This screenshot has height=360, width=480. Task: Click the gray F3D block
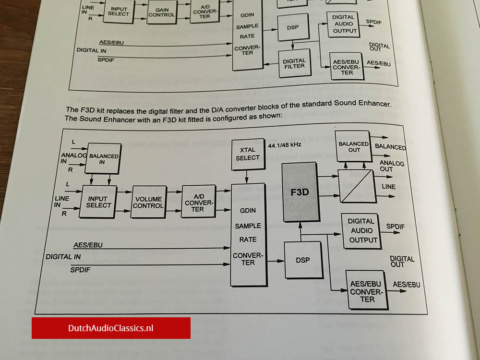click(300, 192)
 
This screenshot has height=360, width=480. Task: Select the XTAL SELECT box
click(248, 154)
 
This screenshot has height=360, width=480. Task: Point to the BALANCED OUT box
click(353, 146)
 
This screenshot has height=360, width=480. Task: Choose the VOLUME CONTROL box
click(148, 202)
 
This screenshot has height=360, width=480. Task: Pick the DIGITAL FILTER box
click(294, 63)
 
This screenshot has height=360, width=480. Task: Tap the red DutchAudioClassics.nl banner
click(111, 328)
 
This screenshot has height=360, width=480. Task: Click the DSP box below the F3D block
click(302, 260)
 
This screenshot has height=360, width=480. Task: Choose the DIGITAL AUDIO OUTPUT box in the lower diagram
click(361, 230)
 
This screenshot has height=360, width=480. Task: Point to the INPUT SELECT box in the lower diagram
click(98, 202)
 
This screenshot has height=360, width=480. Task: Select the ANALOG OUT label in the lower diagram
click(392, 166)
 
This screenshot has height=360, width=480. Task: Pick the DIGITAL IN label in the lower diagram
click(63, 257)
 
